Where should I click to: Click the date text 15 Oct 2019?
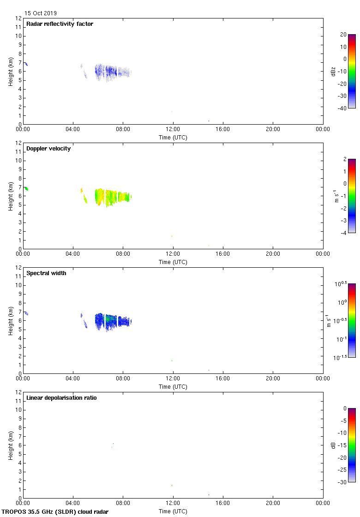41,13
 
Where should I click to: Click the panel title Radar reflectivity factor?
60,24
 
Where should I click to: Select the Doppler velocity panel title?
48,149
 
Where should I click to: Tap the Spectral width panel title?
46,273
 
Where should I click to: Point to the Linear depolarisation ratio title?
61,398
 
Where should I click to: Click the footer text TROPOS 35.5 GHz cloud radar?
55,511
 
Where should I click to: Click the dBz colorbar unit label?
333,71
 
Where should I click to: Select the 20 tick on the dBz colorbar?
343,35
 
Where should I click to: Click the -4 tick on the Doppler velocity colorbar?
344,233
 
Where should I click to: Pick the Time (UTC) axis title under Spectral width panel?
173,386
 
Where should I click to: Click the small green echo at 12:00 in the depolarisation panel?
172,485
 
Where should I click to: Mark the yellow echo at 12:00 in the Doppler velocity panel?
172,236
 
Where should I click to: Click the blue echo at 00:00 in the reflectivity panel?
26,64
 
